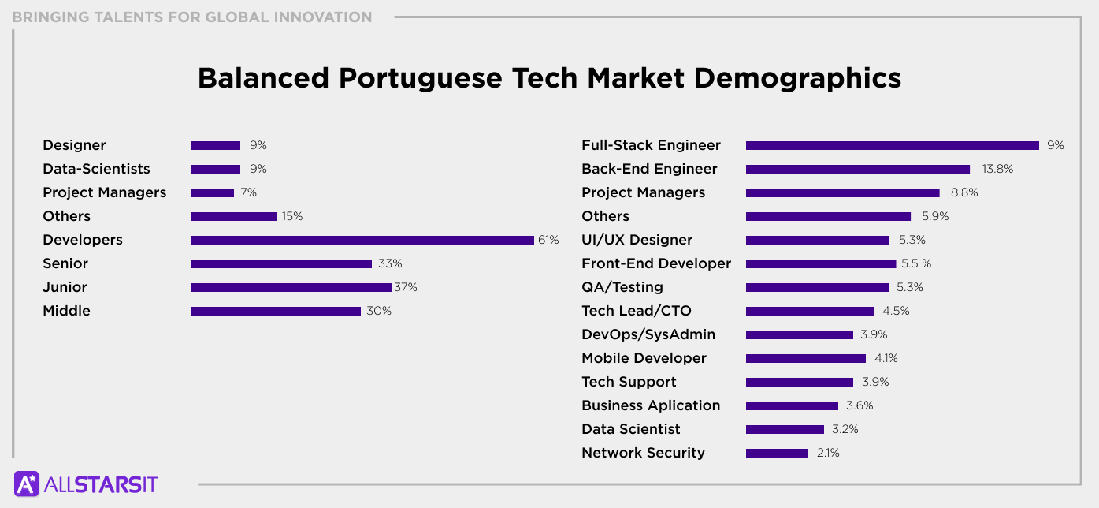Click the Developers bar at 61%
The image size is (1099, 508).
362,240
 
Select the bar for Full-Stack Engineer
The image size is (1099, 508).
892,145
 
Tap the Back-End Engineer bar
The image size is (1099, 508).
857,169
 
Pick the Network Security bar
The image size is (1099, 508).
776,453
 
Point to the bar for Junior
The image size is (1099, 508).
291,287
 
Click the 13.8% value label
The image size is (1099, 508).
997,169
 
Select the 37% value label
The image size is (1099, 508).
406,287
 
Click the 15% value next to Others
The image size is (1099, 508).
291,216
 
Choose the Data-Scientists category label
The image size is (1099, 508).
96,169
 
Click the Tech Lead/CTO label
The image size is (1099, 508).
636,311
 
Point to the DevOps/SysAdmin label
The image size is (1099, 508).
648,334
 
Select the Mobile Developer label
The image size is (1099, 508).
644,358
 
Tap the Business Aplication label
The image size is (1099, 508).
651,405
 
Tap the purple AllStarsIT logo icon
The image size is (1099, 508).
27,484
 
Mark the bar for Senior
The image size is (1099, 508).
281,263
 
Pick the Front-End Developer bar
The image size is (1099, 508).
820,263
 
